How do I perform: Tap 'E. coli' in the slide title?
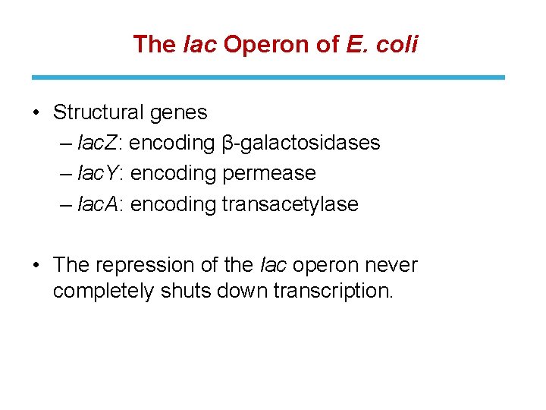tap(381, 44)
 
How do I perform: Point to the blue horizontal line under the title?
tap(268, 77)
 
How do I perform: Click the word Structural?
tap(99, 112)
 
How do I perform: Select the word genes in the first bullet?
tap(178, 113)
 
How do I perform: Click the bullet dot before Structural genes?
tap(36, 113)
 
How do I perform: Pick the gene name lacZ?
tap(100, 143)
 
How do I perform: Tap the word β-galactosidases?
tap(301, 143)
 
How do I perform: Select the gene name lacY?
tap(100, 173)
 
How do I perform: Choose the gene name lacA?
tap(100, 203)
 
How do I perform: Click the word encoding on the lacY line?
tap(174, 174)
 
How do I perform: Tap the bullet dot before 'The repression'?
tap(36, 265)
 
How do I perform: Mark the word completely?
tap(103, 292)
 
